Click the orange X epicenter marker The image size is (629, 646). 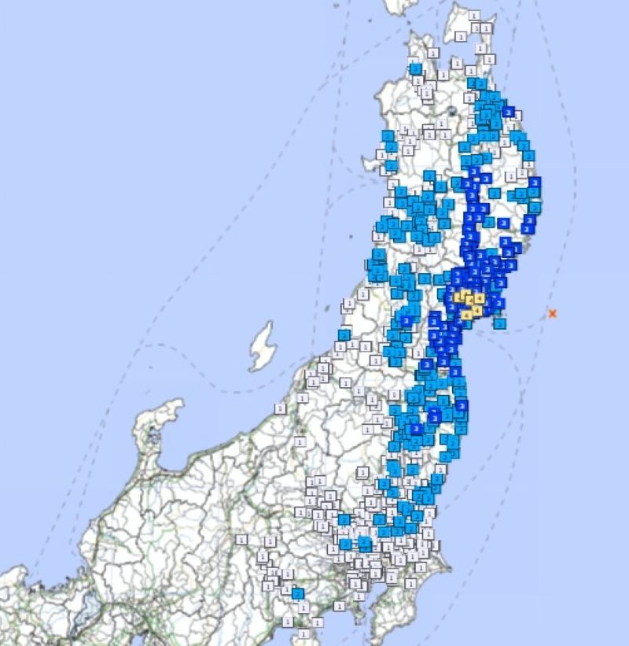click(553, 313)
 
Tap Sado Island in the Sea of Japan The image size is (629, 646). click(261, 346)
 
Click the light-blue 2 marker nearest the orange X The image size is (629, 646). click(500, 323)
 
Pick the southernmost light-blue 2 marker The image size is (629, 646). click(298, 593)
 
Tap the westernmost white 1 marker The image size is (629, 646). click(241, 539)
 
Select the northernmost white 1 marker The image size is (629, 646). click(473, 16)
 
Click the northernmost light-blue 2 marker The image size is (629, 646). click(415, 68)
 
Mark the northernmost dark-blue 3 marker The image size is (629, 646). click(508, 112)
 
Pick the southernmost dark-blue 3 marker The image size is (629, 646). click(417, 429)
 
